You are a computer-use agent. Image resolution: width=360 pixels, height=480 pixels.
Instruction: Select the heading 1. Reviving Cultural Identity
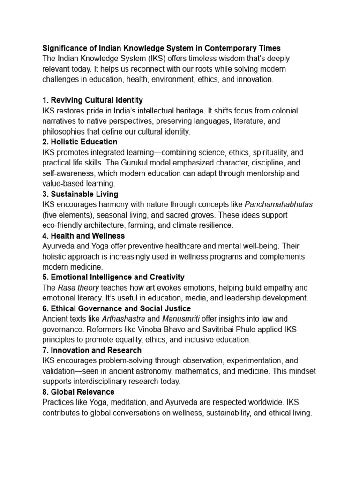[92, 100]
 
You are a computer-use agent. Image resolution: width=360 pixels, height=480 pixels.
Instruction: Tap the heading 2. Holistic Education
[80, 142]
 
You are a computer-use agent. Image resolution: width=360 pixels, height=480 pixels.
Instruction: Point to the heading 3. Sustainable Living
[80, 194]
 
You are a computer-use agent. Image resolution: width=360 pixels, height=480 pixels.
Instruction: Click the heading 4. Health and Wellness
[83, 236]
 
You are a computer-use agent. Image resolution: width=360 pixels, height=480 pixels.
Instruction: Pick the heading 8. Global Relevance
[78, 392]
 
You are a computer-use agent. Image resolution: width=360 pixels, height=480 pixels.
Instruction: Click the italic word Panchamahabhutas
[278, 204]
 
